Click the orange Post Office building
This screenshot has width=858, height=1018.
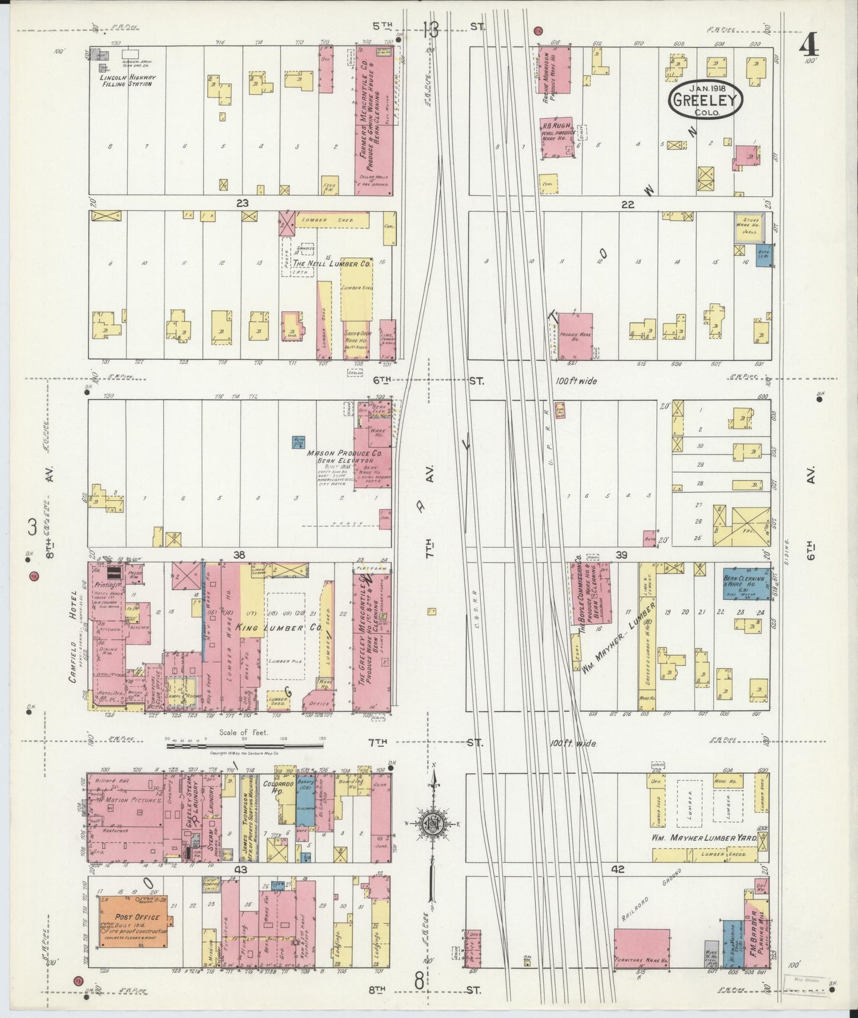coord(133,930)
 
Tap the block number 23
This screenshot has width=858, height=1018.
coord(242,203)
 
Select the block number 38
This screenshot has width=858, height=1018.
coord(239,555)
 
